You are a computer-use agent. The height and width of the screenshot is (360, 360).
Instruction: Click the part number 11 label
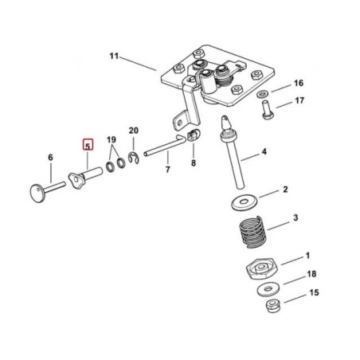point(114,57)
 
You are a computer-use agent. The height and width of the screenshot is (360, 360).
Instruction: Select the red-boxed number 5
point(88,145)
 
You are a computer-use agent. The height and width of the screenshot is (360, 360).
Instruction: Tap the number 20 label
point(134,131)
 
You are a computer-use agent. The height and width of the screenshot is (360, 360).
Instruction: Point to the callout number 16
point(299,83)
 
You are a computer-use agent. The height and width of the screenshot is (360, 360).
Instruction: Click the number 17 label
point(299,100)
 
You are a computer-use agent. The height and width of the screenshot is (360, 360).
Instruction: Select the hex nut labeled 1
point(262,268)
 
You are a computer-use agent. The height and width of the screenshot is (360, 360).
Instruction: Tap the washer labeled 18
point(268,289)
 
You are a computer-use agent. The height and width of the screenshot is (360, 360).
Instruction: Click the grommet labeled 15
point(272,305)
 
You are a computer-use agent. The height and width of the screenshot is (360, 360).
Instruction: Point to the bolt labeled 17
point(266,109)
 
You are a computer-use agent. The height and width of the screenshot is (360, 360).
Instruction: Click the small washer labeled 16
point(262,93)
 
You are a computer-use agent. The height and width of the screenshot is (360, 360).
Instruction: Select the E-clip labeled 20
point(133,158)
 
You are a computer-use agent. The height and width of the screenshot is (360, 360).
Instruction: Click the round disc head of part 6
point(37,194)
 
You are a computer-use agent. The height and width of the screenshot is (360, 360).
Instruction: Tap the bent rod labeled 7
point(165,147)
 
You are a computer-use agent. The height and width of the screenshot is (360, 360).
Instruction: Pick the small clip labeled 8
point(194,135)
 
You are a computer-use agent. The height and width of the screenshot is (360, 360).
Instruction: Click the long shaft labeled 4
point(232,152)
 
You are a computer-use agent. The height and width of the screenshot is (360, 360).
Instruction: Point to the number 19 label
point(112,139)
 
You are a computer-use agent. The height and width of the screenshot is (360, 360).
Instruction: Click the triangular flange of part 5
point(76,180)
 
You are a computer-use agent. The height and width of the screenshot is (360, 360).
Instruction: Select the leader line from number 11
point(138,64)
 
